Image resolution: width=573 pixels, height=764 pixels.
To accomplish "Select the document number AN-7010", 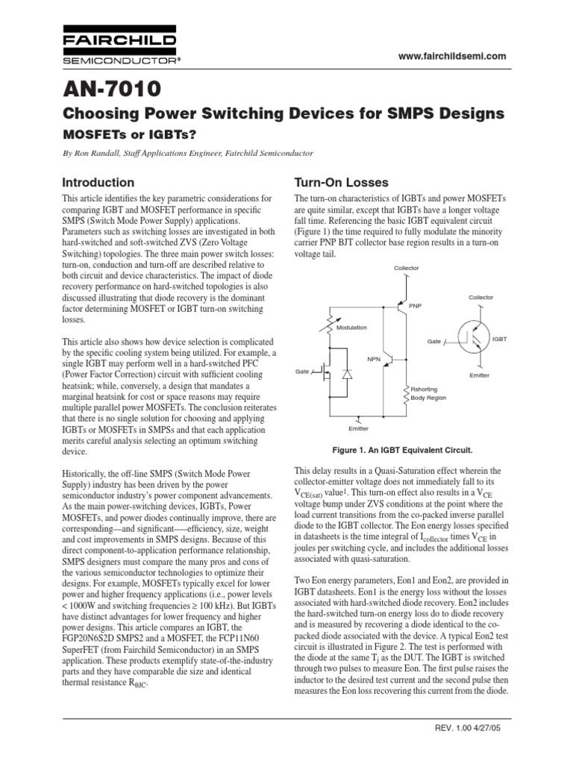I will (x=113, y=90).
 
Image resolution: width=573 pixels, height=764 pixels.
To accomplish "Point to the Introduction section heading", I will (x=98, y=182).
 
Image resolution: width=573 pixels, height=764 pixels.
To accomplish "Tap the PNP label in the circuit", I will (x=416, y=304).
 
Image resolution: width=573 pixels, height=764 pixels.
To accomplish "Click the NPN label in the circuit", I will (x=374, y=359).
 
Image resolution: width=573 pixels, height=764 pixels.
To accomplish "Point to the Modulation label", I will (x=352, y=328).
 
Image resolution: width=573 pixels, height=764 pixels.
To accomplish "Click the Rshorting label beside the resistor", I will (x=425, y=389).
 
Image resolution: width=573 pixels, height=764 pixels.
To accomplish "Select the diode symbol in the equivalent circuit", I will (x=346, y=373).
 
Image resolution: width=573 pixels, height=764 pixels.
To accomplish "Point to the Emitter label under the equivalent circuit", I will (x=359, y=428).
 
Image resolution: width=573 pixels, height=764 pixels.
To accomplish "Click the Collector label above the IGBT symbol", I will (x=481, y=298).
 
